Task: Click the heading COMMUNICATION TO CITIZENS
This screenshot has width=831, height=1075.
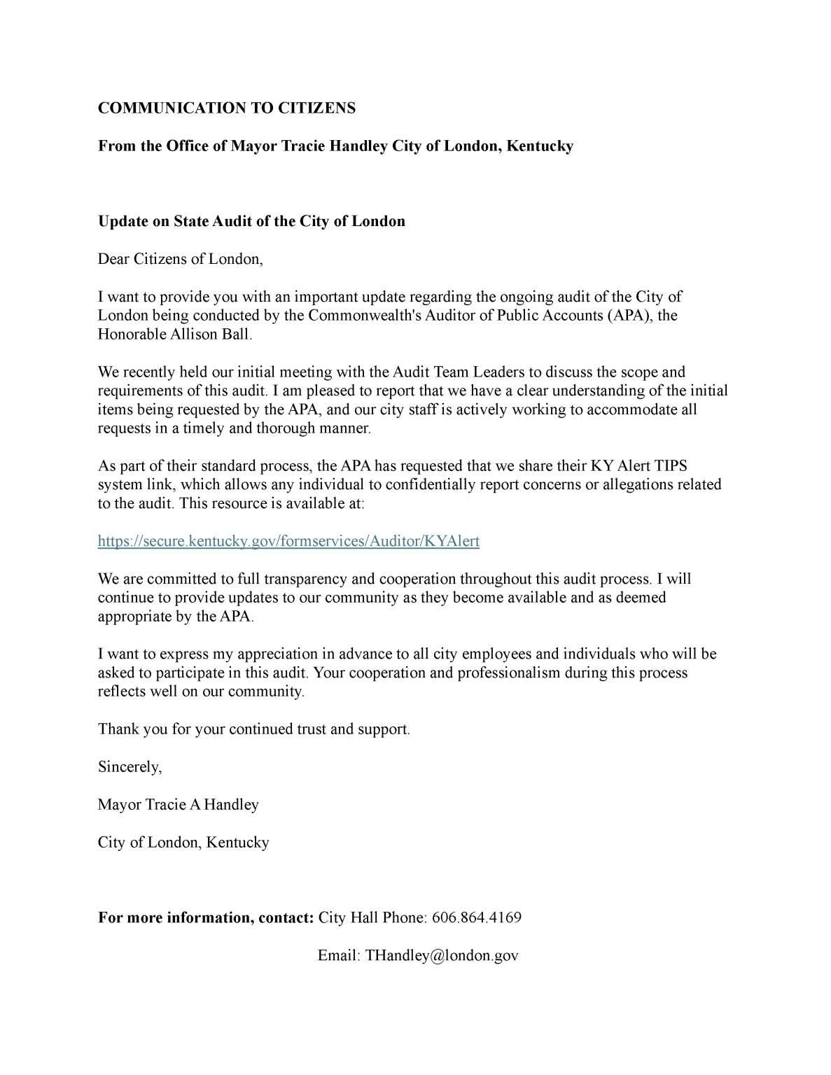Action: click(226, 108)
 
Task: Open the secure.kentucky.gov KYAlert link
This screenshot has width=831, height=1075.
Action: click(288, 542)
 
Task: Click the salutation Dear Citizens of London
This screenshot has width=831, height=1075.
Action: click(180, 260)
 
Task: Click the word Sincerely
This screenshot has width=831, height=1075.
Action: click(130, 767)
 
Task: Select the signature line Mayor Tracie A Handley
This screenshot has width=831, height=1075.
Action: click(178, 805)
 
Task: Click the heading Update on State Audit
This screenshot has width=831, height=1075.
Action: click(251, 222)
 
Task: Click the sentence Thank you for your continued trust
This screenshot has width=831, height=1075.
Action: click(253, 729)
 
